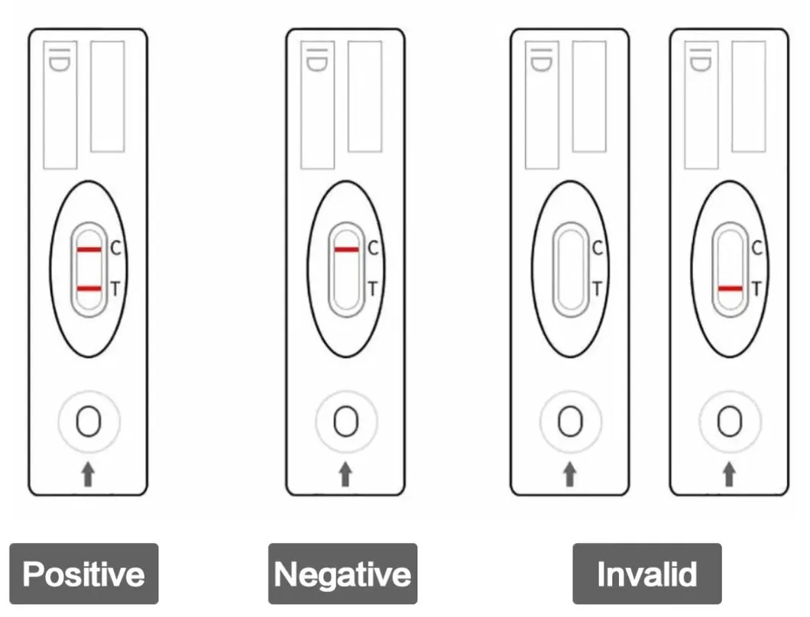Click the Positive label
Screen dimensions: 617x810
click(x=83, y=573)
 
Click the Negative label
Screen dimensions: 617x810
click(x=342, y=573)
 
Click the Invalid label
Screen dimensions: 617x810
click(x=646, y=573)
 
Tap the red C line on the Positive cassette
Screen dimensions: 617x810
click(x=89, y=250)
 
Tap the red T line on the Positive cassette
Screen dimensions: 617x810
click(x=89, y=288)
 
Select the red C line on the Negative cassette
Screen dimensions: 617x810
click(x=346, y=250)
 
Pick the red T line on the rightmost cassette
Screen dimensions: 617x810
click(x=730, y=289)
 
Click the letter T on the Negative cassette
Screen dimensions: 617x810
click(x=373, y=289)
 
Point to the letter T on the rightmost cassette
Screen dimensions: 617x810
click(x=757, y=289)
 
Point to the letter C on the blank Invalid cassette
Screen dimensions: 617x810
click(x=598, y=248)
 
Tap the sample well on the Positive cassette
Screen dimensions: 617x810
click(x=89, y=421)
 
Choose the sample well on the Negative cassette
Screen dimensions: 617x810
click(x=346, y=421)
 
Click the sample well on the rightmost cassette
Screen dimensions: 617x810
click(x=730, y=421)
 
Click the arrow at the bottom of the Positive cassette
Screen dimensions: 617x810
click(x=89, y=475)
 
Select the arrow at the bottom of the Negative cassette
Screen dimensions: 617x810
click(x=346, y=475)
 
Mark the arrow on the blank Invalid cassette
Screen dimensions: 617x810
click(x=570, y=475)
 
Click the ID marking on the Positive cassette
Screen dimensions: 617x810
click(x=57, y=60)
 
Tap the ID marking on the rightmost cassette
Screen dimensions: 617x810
click(x=699, y=60)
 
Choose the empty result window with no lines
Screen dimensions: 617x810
click(x=570, y=269)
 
